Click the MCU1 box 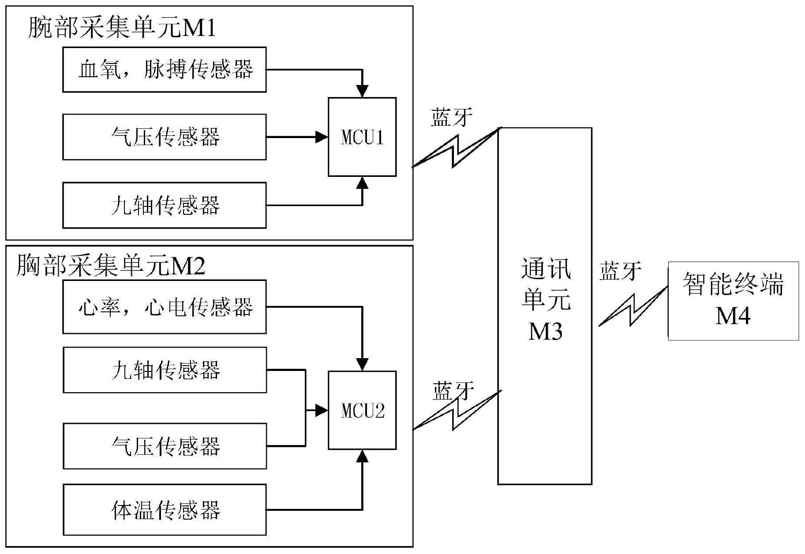(x=362, y=137)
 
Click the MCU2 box (x=362, y=410)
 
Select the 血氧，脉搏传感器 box (x=164, y=70)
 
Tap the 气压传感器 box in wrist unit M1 (x=164, y=137)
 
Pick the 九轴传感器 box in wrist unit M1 (x=164, y=205)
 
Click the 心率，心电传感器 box (x=164, y=307)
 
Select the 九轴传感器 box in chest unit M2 (x=165, y=370)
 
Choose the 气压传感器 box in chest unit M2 (x=165, y=446)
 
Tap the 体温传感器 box (x=165, y=509)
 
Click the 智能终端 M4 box (x=733, y=301)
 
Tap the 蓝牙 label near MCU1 (x=451, y=117)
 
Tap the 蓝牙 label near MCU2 (x=453, y=391)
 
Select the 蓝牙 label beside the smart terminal (x=620, y=270)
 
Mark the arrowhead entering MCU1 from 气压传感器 (x=322, y=137)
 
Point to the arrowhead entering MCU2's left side (x=322, y=411)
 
